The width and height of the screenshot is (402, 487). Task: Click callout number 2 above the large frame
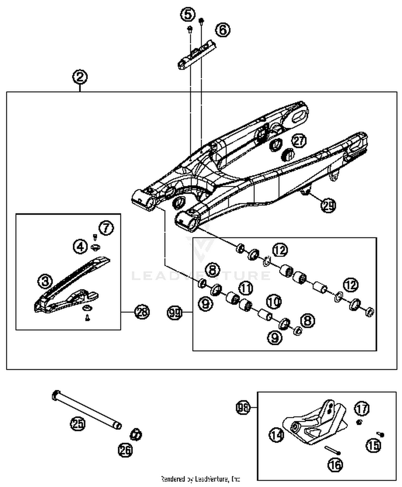(x=80, y=77)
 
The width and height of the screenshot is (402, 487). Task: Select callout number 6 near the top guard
(x=223, y=30)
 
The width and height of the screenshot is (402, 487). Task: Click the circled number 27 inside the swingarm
(x=299, y=141)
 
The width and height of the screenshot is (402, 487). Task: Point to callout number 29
(x=328, y=206)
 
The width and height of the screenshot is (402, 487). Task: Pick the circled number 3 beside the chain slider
(x=45, y=281)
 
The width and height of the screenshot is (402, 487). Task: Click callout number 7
(x=106, y=228)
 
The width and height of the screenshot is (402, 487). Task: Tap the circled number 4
(x=80, y=246)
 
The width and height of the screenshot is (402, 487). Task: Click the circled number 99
(x=174, y=312)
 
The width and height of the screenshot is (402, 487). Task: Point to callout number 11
(x=246, y=288)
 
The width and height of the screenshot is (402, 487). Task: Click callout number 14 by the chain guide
(x=276, y=435)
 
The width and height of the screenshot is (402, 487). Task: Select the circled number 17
(x=362, y=409)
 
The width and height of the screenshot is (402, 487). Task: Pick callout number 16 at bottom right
(x=335, y=465)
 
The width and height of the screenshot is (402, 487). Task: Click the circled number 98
(x=243, y=407)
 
